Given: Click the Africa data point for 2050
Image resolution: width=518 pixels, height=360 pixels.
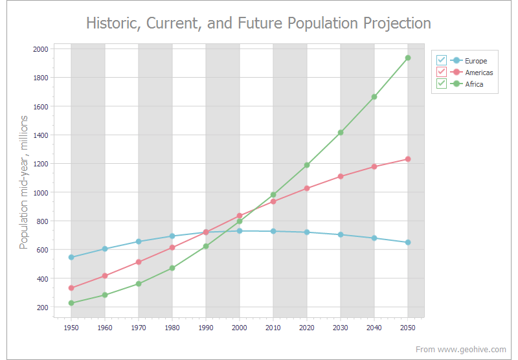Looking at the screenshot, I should tap(408, 58).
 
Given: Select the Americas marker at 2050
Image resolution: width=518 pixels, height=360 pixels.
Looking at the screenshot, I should tap(408, 159).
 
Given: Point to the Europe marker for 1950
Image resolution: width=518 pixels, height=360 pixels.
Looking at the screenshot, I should tap(71, 257).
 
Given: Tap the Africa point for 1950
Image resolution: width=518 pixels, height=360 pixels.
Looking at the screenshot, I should tap(71, 303).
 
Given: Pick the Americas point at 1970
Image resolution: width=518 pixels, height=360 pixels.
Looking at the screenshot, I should tap(139, 262).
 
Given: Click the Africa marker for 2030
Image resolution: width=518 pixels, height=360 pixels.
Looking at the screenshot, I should tap(341, 132).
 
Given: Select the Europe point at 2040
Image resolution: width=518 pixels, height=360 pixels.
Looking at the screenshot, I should tap(374, 238).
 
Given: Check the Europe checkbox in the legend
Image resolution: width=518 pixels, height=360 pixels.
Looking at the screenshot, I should tap(442, 61).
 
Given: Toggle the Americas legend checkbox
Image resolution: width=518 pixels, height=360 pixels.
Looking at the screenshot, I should tap(442, 73).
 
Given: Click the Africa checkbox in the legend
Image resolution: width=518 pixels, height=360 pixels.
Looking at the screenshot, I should tap(442, 84).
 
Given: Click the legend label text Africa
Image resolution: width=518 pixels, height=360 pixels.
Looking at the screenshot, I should tap(474, 84).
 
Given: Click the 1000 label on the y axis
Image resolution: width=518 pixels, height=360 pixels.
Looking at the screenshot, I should tap(40, 192).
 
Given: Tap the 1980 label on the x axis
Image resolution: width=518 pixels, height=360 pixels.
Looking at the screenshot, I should tap(172, 328).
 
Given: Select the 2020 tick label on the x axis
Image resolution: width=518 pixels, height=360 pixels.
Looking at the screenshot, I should tap(307, 328).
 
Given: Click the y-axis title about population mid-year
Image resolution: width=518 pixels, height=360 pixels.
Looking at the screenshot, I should tap(24, 182).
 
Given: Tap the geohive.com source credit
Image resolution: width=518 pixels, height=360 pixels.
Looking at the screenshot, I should tap(461, 350).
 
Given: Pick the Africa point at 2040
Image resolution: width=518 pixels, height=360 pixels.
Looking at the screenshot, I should tap(374, 96).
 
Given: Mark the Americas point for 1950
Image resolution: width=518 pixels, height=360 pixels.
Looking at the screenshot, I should tap(71, 287).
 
